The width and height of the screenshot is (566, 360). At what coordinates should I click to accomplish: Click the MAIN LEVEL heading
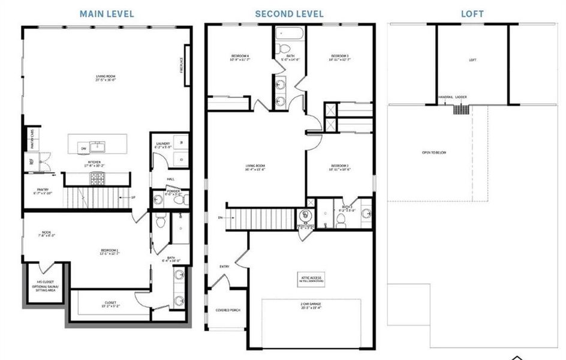click(x=107, y=13)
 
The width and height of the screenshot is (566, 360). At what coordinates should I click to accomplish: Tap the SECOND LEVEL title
click(x=289, y=13)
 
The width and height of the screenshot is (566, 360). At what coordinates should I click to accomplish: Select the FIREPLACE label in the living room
click(x=181, y=64)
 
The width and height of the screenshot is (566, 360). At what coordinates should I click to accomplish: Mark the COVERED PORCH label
click(x=227, y=310)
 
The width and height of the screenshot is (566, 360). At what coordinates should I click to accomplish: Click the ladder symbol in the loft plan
click(x=460, y=109)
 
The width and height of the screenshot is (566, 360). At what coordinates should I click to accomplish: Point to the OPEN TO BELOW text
click(x=433, y=152)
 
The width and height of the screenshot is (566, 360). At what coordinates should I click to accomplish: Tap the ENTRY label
click(x=224, y=267)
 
